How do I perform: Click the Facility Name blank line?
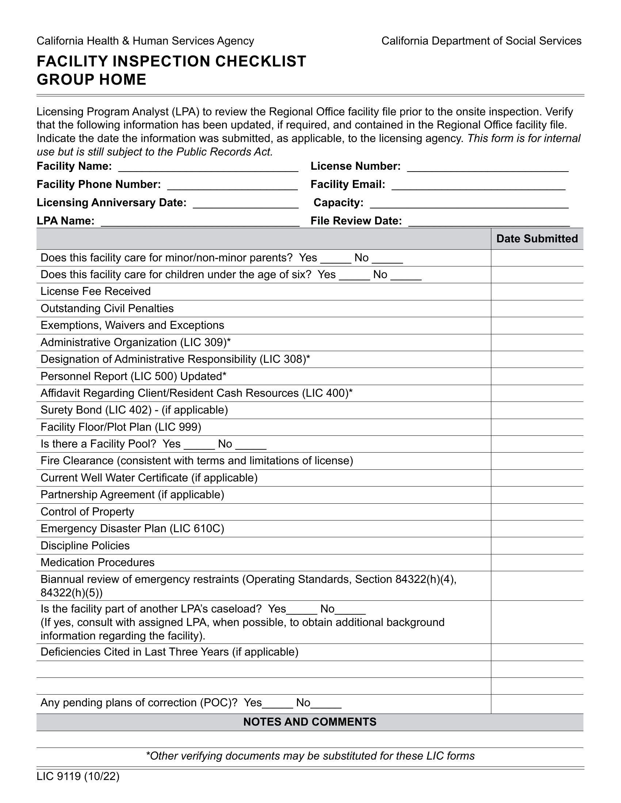pos(208,168)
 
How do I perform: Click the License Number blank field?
pos(488,168)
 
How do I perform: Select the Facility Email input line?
pos(478,186)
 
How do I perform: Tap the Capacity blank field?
pos(469,204)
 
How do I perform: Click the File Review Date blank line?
pos(489,222)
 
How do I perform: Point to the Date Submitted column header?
pos(537,239)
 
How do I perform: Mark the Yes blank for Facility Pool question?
pos(199,445)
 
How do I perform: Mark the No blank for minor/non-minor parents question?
pos(387,259)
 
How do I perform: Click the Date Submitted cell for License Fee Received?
pos(537,292)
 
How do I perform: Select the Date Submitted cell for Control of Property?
pos(537,512)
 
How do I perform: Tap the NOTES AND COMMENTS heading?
pos(310,722)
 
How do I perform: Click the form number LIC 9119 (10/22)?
pos(78,776)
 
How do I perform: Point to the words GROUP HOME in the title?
pos(92,80)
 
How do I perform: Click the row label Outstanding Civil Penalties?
pos(107,308)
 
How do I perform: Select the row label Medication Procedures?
pos(98,562)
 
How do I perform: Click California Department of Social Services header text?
pos(481,41)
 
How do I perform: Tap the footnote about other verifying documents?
pos(310,756)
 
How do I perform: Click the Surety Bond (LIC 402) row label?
pos(134,410)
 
